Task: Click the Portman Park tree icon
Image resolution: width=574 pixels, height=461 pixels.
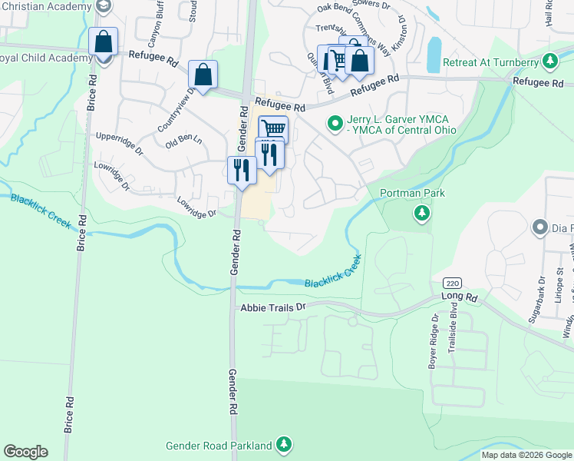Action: [x=421, y=213]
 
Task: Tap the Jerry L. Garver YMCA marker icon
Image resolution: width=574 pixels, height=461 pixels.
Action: [x=335, y=122]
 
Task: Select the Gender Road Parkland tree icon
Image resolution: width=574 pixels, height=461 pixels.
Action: [x=284, y=445]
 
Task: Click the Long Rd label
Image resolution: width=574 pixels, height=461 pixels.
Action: [x=460, y=297]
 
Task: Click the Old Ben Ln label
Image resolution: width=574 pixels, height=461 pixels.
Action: [x=184, y=141]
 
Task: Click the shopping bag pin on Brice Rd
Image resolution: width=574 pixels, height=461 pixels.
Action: [x=103, y=41]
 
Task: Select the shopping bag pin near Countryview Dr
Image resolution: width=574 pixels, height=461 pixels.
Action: [x=203, y=75]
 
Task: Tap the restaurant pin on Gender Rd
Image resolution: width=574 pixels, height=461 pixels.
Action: [x=242, y=170]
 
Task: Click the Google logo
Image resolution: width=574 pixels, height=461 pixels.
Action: [x=25, y=452]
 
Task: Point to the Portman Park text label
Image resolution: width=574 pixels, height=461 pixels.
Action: [x=412, y=193]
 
